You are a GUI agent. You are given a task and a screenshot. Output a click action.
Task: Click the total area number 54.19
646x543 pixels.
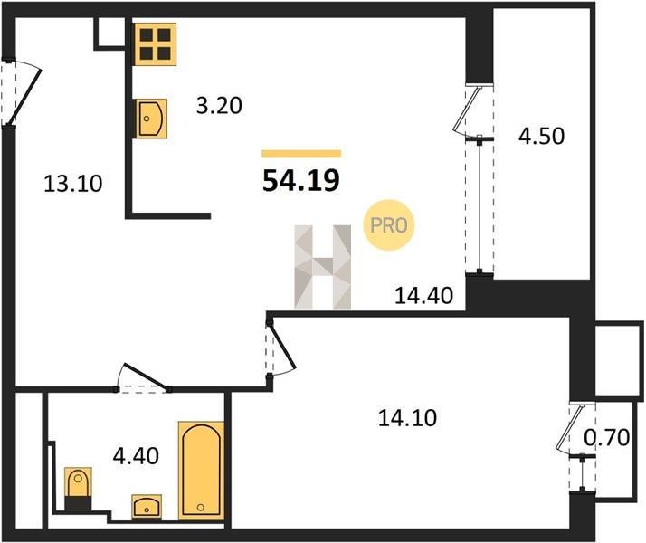300,180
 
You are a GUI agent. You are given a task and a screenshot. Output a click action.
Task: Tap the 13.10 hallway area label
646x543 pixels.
73,184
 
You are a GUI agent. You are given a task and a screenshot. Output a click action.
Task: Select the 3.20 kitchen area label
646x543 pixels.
219,106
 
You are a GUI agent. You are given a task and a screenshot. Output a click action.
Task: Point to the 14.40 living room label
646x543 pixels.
424,295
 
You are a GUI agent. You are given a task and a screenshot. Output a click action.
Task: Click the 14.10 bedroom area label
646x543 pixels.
407,418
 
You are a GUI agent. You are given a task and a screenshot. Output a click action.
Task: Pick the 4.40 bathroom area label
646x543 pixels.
136,456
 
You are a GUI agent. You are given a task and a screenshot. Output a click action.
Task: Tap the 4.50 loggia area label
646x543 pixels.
541,136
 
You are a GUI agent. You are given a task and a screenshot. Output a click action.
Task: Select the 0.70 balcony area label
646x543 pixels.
607,437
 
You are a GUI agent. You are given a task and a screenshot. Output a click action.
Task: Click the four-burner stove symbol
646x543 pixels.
156,44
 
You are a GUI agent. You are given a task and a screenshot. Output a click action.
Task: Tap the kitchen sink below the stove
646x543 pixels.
151,119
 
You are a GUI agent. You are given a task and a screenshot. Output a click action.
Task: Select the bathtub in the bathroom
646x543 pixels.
201,471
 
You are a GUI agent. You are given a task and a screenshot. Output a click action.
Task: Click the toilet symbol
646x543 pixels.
78,489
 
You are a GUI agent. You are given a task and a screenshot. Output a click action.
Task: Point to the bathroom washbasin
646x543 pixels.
147,507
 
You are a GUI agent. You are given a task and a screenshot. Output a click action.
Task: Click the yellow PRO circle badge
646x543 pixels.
388,225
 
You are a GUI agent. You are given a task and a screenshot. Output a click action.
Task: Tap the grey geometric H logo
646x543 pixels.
323,267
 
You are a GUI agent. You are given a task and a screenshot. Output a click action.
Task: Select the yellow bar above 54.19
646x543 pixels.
301,154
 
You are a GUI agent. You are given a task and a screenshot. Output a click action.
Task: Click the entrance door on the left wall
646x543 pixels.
24,92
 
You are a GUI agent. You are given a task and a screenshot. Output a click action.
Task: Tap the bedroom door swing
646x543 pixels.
281,345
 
